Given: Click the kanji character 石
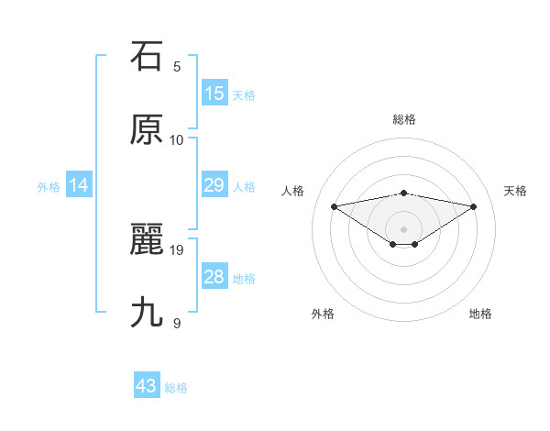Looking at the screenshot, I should [x=147, y=57].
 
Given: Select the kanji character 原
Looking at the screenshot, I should [x=147, y=130].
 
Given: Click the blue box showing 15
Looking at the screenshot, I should [x=214, y=94].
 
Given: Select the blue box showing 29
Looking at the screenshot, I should [x=214, y=185].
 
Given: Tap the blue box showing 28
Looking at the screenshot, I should [x=214, y=277].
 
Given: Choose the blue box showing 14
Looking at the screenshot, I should [x=79, y=185].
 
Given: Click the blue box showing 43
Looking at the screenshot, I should [x=147, y=386].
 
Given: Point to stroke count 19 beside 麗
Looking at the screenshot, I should [x=177, y=249].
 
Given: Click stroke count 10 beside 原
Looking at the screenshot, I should [x=177, y=139].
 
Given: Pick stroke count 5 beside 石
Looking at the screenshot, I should [x=177, y=66].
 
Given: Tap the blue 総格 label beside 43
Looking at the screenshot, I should [x=177, y=388].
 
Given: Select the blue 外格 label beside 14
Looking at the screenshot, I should [x=49, y=187].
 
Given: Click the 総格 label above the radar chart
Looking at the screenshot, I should [x=404, y=119].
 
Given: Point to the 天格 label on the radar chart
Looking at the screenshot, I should [x=516, y=191].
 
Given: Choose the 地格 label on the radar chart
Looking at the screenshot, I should [x=480, y=314].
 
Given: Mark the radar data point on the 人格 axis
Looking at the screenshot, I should [x=335, y=205].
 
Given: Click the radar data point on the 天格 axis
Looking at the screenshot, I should [x=474, y=206].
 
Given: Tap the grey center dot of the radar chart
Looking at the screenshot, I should [x=404, y=228].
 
